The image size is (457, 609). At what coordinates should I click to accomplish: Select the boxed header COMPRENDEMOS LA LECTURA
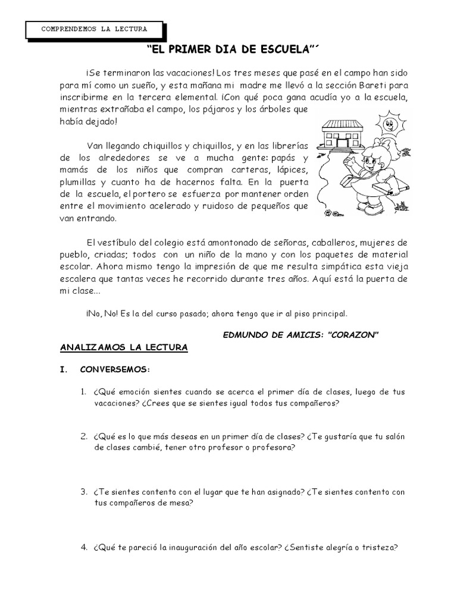click(95, 29)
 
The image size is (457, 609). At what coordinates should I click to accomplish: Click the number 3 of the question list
click(84, 492)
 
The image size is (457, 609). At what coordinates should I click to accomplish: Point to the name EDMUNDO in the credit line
click(245, 334)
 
